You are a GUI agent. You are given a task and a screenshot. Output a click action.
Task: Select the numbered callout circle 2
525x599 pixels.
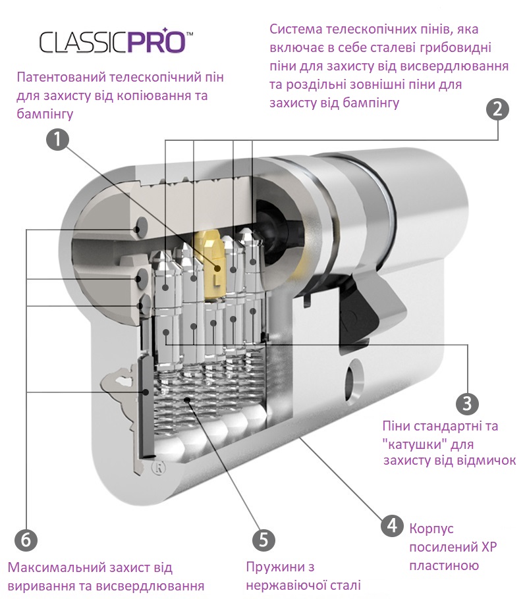tap(497, 109)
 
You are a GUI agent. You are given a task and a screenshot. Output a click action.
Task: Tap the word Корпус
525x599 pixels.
tap(431, 529)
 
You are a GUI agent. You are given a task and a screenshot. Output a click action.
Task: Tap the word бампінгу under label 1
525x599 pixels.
tap(45, 113)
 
